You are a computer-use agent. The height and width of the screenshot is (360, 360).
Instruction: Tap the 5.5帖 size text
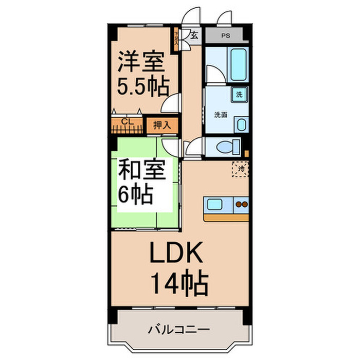143,86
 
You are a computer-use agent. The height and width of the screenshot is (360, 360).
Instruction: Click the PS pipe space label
225,36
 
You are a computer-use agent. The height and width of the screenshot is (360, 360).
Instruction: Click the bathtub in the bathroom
240,63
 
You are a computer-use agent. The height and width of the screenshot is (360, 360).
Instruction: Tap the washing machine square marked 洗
240,95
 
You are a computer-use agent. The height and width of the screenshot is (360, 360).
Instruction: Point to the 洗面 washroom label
221,115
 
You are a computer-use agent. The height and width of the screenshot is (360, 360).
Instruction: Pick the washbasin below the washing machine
241,124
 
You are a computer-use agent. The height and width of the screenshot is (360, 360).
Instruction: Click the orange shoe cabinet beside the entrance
176,39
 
